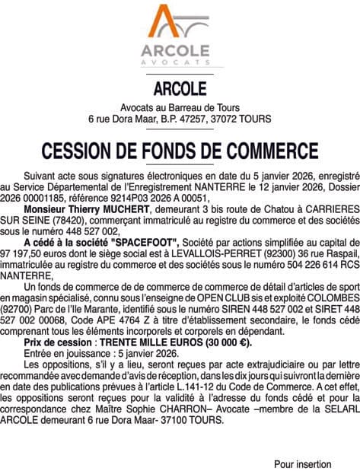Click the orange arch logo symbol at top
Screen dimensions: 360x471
click(x=180, y=24)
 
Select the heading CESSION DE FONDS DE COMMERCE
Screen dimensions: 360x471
click(x=180, y=147)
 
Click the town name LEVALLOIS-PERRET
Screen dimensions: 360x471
click(x=197, y=251)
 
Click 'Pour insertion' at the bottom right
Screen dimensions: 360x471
click(x=302, y=463)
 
